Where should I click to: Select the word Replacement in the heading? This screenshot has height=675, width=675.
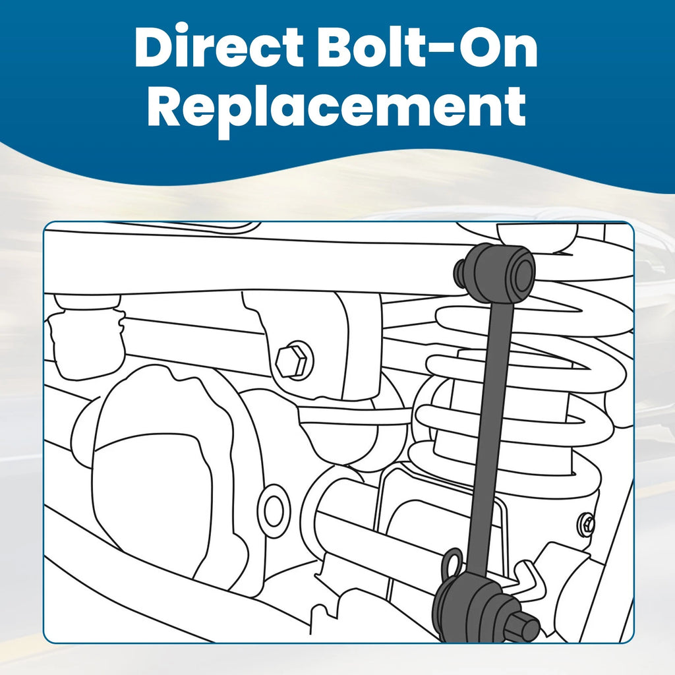[336, 108]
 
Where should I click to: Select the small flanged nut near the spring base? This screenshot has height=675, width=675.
[587, 524]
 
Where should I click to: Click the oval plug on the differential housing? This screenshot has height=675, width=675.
[274, 511]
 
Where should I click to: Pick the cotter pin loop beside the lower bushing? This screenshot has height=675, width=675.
[452, 564]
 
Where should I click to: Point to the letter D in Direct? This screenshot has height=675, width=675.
[154, 47]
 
